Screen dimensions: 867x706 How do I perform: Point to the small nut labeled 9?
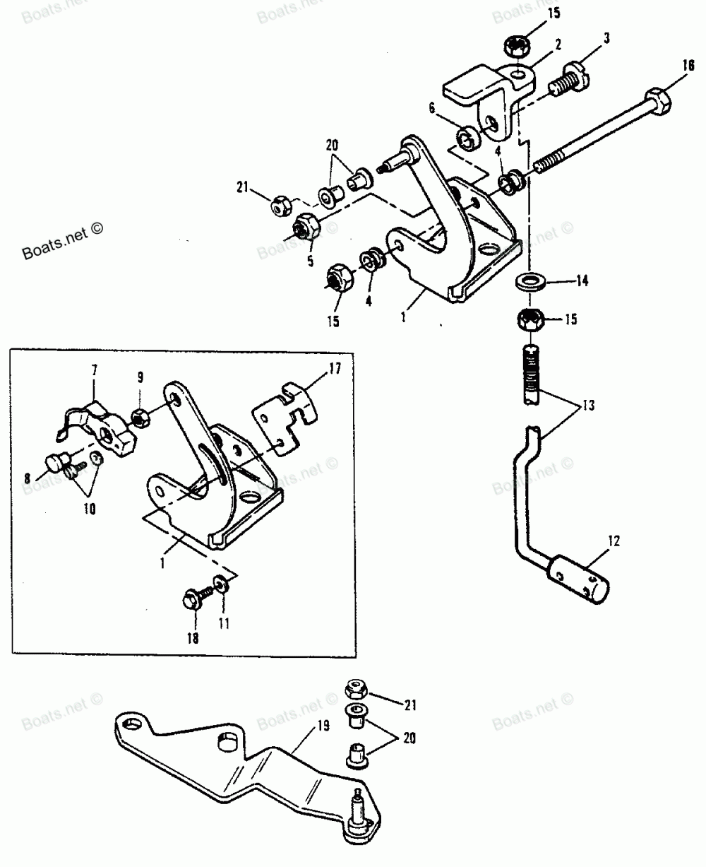click(140, 418)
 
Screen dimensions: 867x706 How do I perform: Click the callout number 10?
click(90, 509)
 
